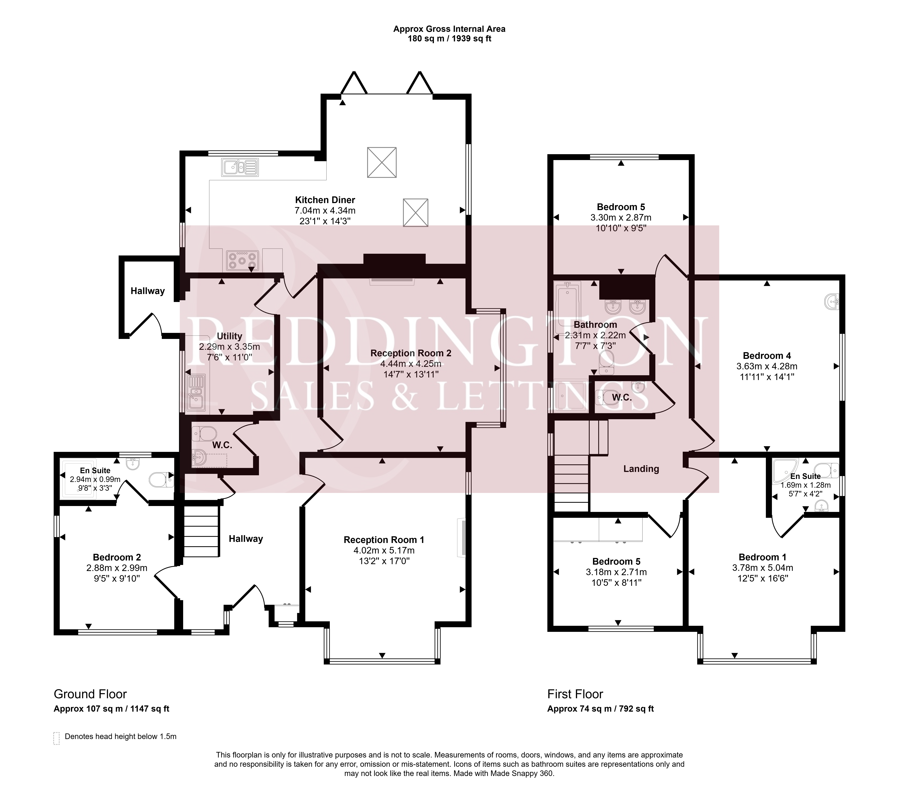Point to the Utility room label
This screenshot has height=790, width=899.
230,336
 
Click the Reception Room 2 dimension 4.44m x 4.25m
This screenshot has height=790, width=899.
411,364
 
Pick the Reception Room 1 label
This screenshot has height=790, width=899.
384,540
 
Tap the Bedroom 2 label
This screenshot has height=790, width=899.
117,557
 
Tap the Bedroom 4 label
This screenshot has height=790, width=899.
767,355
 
